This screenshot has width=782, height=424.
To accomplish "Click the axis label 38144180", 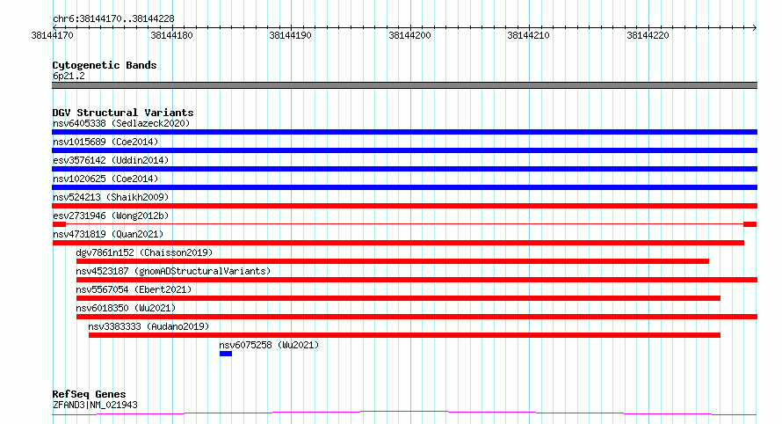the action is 171,35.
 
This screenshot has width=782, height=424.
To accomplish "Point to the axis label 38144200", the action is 409,35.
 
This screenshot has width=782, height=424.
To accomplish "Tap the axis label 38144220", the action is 648,35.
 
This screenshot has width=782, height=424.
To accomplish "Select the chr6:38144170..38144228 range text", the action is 113,19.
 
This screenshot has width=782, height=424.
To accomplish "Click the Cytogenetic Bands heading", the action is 105,65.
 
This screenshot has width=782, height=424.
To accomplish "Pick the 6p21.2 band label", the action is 69,76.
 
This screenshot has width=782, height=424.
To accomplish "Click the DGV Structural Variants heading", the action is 123,113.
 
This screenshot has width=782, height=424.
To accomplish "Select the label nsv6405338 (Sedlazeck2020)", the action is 121,123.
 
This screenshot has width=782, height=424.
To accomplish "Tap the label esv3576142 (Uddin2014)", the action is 111,160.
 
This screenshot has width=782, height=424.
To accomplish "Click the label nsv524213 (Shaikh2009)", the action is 111,197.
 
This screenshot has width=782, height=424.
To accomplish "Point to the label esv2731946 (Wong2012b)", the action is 111,216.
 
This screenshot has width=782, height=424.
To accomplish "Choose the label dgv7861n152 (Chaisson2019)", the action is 144,252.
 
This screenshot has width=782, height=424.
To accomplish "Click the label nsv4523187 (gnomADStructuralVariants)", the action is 173,271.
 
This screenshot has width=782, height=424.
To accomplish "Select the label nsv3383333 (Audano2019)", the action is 148,326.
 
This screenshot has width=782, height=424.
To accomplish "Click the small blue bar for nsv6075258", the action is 226,354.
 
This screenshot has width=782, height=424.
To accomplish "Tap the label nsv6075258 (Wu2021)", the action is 269,345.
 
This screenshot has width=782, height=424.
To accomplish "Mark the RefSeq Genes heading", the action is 89,394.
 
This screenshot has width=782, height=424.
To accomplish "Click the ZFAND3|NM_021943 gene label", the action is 95,405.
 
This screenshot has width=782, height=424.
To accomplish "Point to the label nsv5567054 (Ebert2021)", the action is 134,289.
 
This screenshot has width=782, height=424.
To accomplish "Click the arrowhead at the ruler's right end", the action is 756,27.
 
